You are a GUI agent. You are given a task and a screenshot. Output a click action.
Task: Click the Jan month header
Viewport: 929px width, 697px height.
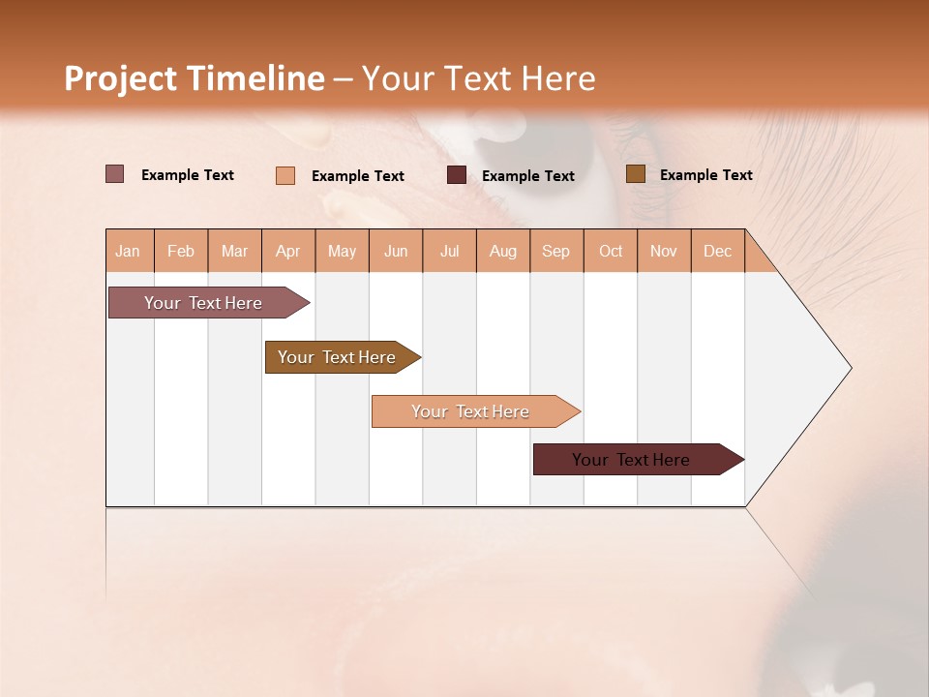[x=129, y=251]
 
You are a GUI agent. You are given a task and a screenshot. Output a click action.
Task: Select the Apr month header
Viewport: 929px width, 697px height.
[x=288, y=251]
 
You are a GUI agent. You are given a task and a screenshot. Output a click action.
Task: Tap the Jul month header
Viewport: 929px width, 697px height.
[x=449, y=251]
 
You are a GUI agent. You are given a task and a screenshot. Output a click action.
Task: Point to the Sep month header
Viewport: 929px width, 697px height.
[x=555, y=251]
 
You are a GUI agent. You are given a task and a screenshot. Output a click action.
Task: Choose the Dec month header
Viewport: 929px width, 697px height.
[x=717, y=251]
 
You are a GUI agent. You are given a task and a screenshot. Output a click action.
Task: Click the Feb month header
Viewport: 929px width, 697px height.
[x=181, y=251]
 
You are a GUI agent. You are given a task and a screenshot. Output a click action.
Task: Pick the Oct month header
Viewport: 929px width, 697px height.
[x=611, y=251]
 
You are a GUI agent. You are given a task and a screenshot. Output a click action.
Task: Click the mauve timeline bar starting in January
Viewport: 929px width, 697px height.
[x=203, y=303]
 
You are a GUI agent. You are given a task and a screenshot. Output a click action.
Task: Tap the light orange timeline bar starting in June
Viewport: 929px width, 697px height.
[x=470, y=411]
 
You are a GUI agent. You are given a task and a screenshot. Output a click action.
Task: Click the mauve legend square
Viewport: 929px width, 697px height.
[x=114, y=174]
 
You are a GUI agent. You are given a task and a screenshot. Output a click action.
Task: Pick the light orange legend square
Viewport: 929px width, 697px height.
[x=285, y=175]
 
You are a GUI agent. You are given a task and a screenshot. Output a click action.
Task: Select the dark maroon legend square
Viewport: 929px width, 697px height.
[x=457, y=175]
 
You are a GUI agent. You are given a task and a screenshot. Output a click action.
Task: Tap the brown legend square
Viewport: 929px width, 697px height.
[x=635, y=174]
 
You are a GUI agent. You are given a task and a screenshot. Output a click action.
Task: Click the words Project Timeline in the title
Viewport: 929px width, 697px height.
[x=195, y=78]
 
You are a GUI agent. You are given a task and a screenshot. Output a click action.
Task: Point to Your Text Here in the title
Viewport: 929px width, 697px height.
[x=478, y=78]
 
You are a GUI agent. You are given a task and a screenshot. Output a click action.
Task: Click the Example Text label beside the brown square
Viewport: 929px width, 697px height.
[x=705, y=175]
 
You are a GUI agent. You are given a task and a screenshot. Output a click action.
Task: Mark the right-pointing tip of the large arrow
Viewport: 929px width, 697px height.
[x=849, y=368]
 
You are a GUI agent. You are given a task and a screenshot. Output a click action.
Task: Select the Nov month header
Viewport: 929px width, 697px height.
[x=664, y=251]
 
